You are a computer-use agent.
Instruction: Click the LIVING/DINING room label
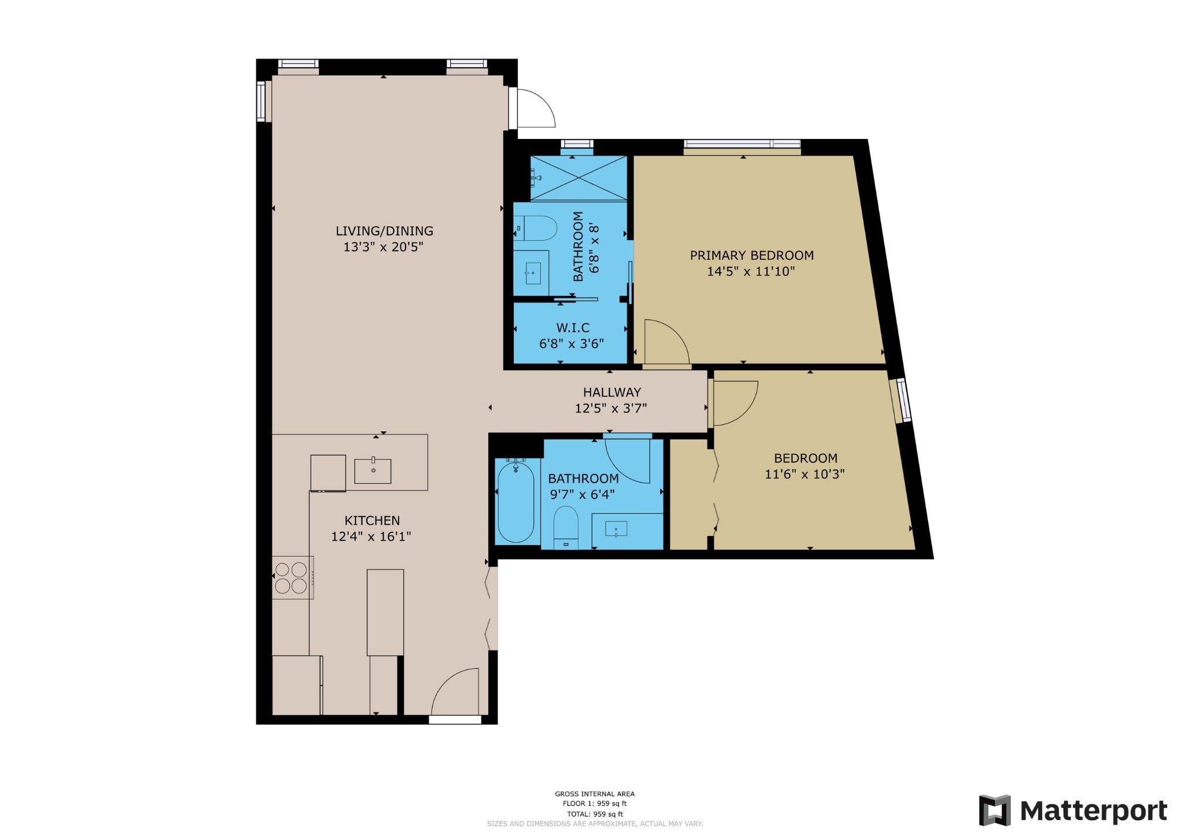[x=384, y=231]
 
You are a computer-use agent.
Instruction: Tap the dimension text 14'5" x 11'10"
[x=751, y=271]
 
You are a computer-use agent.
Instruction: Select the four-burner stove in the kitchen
[x=291, y=578]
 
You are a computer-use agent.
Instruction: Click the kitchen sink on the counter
[x=373, y=471]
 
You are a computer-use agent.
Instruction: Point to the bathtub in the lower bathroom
[x=516, y=501]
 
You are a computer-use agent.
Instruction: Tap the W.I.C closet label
[x=572, y=328]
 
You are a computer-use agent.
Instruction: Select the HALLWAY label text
[x=612, y=392]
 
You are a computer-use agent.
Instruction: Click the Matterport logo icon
[x=994, y=810]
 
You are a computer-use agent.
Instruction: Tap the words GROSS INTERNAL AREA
[x=594, y=794]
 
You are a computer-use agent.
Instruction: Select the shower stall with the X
[x=579, y=178]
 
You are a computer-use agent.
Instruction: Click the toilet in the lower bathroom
[x=565, y=527]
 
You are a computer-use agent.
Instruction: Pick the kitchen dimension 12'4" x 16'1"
[x=371, y=536]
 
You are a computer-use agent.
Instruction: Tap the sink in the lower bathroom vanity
[x=616, y=529]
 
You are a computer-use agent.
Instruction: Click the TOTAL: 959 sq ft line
[x=594, y=814]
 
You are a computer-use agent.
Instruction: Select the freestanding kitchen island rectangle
[x=385, y=612]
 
